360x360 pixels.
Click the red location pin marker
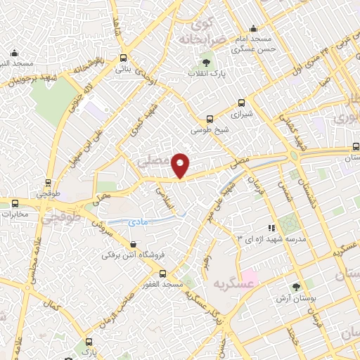point(181,165)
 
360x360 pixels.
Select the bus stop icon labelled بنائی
point(124,58)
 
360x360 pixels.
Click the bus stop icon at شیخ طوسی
point(209,120)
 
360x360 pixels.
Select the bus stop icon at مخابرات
point(15,203)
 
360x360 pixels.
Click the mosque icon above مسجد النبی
point(15,53)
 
